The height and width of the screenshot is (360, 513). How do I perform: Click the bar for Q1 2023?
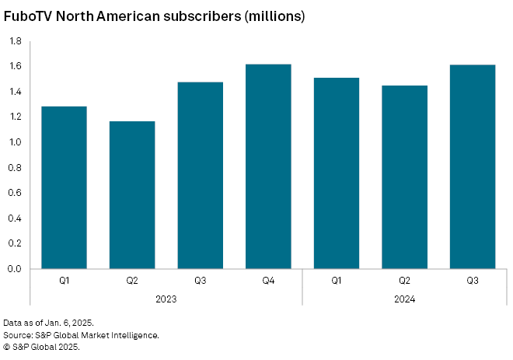coord(64,187)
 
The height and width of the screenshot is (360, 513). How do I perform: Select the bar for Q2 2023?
coord(132,195)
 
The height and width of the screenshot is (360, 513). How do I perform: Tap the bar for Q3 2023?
coord(201,175)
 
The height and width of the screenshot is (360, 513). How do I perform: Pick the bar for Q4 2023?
coord(268,166)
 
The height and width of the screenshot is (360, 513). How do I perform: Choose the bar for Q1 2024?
coord(336,173)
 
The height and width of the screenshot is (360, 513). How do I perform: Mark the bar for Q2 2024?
coord(404,177)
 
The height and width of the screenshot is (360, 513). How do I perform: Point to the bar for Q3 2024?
coord(473,166)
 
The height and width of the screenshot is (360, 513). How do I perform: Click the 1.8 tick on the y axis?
coord(15,42)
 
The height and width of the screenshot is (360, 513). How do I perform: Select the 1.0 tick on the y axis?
coord(15,142)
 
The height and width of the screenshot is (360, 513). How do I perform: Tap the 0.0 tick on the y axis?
coord(15,269)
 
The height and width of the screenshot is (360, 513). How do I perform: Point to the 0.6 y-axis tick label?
coord(15,193)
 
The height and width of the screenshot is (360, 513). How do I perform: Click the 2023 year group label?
coord(166,298)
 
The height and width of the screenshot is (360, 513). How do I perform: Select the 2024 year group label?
coord(404,298)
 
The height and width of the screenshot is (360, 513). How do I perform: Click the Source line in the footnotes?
coord(82,335)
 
